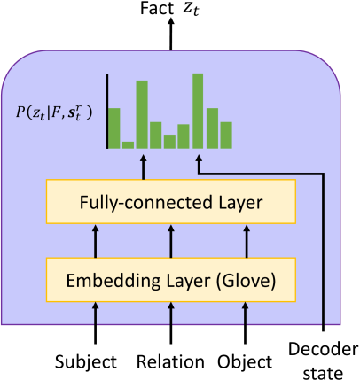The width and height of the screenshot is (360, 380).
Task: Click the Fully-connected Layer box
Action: pos(171,201)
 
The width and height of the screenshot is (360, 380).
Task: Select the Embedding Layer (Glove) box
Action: pos(171,280)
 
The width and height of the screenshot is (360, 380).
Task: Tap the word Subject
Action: pos(86,362)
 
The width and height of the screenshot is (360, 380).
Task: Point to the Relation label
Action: pos(170,361)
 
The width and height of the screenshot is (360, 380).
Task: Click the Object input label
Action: pos(245,362)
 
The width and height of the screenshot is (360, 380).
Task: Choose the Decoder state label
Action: pos(323,361)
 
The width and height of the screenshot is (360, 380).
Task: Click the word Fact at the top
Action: pos(157,8)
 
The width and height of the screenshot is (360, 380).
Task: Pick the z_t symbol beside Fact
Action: pos(191,10)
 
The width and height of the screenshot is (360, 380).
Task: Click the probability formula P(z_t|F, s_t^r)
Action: pos(54,112)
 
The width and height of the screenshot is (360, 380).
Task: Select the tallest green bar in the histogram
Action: pos(198,111)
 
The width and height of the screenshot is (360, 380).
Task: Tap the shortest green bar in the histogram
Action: pos(128,145)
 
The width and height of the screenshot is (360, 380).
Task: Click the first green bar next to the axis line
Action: pos(114,128)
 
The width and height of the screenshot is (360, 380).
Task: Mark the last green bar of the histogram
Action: pos(226,136)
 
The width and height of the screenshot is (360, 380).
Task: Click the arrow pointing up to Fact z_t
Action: pos(170,34)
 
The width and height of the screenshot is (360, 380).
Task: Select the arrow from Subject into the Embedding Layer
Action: pos(95,323)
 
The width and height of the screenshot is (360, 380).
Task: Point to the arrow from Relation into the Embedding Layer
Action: pos(171,323)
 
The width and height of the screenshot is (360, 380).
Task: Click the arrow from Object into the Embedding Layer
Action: pos(245,323)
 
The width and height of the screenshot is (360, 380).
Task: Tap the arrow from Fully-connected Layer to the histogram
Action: pos(144,167)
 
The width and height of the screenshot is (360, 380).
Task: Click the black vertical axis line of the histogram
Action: pos(107,112)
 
